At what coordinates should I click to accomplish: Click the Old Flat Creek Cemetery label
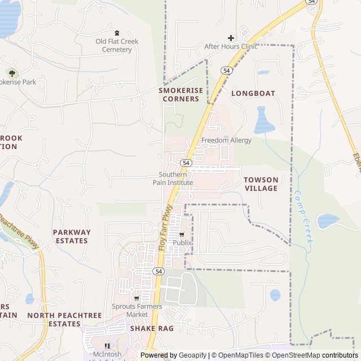(x=117, y=46)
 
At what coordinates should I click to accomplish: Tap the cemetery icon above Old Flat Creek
(x=117, y=33)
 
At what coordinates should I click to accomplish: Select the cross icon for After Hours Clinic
(x=231, y=38)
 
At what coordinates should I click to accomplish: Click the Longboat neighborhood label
(x=253, y=93)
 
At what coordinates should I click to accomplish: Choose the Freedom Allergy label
(x=226, y=140)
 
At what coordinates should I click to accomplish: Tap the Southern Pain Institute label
(x=173, y=179)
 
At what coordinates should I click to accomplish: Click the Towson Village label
(x=261, y=184)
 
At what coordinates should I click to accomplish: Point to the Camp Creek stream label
(x=303, y=217)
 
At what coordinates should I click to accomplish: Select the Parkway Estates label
(x=72, y=236)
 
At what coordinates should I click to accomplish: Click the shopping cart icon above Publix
(x=182, y=235)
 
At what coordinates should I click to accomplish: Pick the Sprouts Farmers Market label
(x=137, y=310)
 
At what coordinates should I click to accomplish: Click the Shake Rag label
(x=152, y=328)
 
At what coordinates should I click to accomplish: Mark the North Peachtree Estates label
(x=64, y=320)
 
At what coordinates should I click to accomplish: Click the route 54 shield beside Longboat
(x=226, y=71)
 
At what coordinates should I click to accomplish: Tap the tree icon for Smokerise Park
(x=11, y=73)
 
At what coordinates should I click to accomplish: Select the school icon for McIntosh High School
(x=108, y=346)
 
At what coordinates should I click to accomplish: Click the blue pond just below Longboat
(x=263, y=120)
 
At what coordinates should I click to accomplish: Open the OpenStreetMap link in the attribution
(x=292, y=355)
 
